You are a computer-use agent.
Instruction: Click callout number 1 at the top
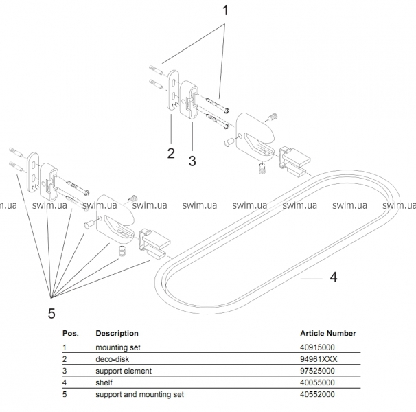point(224,12)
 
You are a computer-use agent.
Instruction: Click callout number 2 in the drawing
point(170,152)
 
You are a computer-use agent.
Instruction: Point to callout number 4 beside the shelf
point(333,278)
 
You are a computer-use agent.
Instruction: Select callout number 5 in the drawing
point(51,313)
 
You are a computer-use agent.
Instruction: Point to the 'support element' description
point(124,371)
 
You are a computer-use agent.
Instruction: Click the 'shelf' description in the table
point(104,382)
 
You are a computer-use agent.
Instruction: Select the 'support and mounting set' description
point(139,393)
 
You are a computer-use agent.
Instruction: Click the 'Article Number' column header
point(328,334)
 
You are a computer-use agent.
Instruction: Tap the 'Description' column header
point(117,334)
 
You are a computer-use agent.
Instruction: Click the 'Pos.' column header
point(71,334)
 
